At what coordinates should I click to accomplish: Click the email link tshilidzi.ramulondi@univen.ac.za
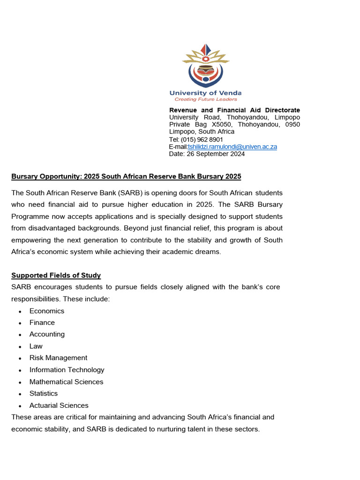point(232,147)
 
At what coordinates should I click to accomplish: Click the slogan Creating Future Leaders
point(206,99)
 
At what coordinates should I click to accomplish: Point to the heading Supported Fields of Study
point(56,275)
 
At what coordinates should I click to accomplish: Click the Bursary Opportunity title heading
point(126,176)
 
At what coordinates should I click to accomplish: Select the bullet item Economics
point(47,311)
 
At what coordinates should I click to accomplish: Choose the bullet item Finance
point(42,322)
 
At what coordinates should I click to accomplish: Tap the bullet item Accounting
point(47,334)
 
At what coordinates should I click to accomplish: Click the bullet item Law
point(36,346)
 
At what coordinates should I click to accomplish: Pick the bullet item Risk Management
point(58,358)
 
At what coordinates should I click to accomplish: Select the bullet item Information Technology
point(67,370)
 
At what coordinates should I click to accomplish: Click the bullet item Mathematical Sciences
point(66,382)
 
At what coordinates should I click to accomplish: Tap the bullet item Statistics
point(44,393)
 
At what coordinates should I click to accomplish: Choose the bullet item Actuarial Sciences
point(59,405)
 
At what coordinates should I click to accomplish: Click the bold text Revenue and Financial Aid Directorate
point(234,110)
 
